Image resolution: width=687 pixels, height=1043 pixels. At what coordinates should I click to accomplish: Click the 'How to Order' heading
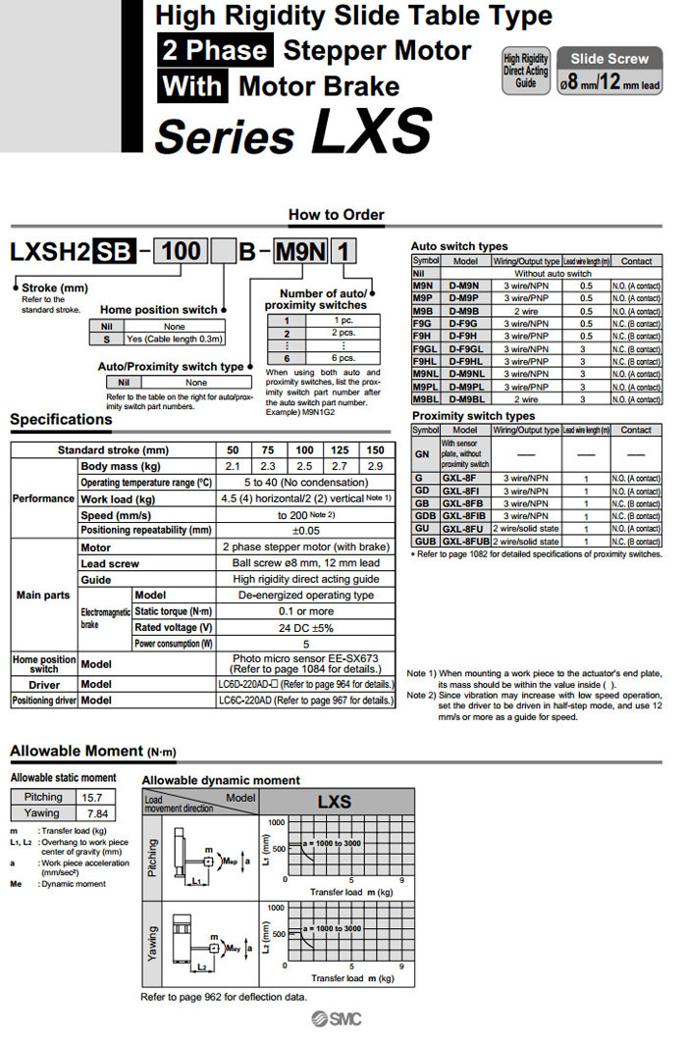coord(337,215)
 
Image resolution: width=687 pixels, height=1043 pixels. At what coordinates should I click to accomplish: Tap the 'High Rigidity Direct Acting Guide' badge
coord(526,72)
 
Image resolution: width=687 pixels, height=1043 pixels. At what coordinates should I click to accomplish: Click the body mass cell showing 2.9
coord(374,466)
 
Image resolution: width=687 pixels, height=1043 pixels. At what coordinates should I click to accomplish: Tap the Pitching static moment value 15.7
coord(94,798)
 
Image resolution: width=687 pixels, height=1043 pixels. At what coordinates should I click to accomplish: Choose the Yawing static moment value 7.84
coord(94,813)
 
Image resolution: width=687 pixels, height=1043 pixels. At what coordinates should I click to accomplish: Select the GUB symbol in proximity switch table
coord(424,542)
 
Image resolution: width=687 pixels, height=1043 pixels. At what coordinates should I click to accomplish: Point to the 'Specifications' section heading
coord(61,420)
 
